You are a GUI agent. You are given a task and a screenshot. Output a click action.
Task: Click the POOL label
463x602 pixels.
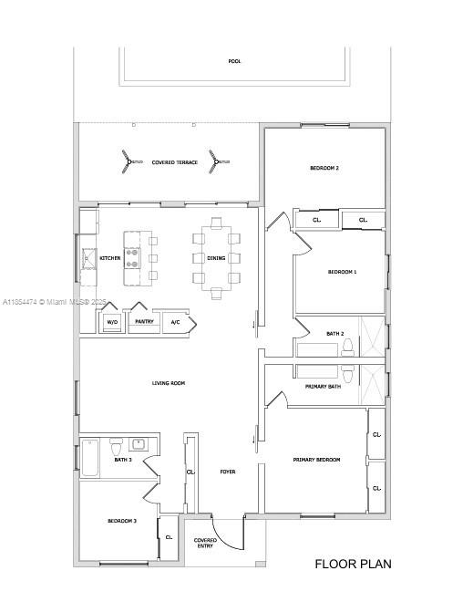(x=235, y=61)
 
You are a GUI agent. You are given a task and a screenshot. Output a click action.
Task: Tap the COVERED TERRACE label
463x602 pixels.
(x=174, y=162)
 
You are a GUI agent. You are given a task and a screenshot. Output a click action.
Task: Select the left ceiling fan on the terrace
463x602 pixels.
(x=124, y=161)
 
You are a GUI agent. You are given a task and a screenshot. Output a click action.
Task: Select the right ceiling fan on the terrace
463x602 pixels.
(x=214, y=161)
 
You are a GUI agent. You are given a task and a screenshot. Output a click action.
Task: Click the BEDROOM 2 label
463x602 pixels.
(x=324, y=168)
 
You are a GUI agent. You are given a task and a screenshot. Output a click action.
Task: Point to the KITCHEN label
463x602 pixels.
(x=110, y=258)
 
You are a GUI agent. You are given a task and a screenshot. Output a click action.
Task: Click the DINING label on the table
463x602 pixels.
(x=216, y=258)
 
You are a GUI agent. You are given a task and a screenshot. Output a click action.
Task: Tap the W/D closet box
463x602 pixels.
(x=111, y=322)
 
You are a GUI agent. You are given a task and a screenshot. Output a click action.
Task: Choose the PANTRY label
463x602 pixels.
(x=144, y=322)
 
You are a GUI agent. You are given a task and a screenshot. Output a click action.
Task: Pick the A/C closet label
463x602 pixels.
(x=175, y=322)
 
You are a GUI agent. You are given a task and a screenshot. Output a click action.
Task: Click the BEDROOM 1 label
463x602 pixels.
(x=342, y=272)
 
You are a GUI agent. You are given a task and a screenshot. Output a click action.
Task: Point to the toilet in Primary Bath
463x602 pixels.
(x=347, y=372)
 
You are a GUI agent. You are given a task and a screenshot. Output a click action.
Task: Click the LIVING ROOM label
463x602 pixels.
(x=169, y=383)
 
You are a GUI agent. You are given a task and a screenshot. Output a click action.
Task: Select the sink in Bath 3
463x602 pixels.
(x=139, y=445)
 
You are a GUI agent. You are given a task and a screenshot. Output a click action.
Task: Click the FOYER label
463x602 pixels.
(x=228, y=472)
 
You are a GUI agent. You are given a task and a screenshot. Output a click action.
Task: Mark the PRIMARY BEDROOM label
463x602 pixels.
(x=316, y=460)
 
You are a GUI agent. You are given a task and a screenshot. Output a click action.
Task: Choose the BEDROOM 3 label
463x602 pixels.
(x=122, y=521)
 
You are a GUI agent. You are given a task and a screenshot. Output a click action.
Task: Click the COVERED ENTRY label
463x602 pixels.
(x=205, y=544)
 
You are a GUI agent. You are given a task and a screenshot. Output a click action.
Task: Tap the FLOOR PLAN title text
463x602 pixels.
(x=353, y=564)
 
